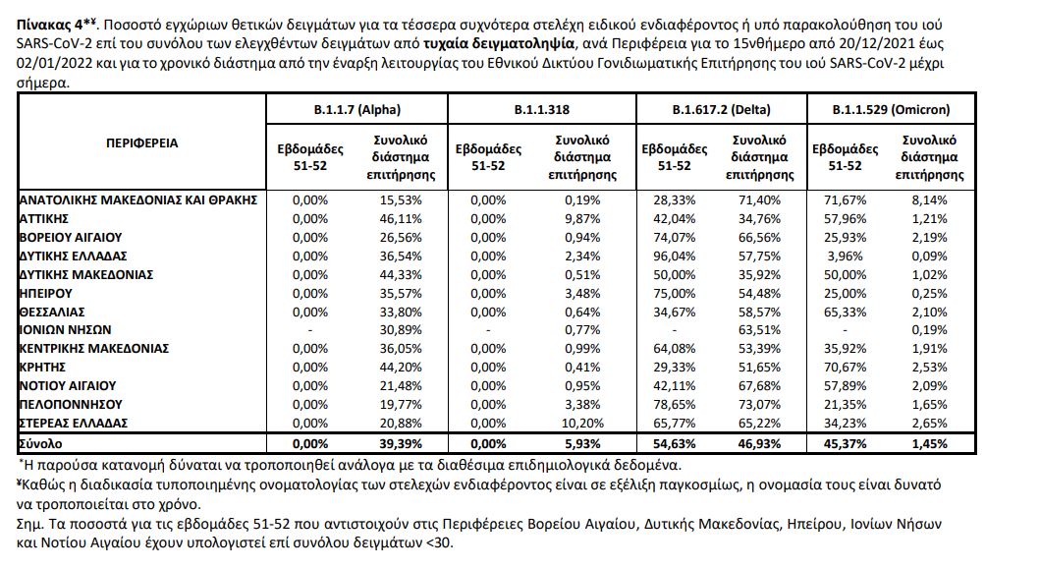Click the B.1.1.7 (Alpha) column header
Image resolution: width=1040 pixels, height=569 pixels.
click(357, 110)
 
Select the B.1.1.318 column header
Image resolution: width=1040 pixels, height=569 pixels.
click(542, 110)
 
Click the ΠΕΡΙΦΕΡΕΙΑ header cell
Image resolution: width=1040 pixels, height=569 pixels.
click(141, 142)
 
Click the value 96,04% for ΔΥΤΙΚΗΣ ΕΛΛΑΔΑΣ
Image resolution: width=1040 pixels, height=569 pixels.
click(674, 255)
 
